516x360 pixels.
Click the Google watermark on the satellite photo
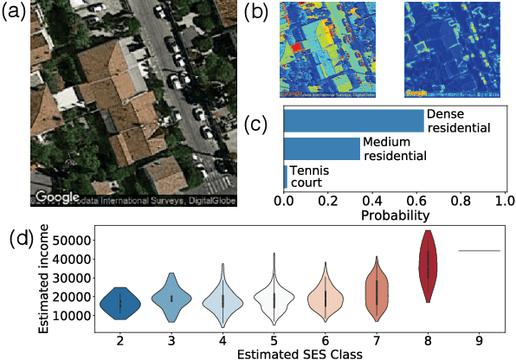tap(57, 196)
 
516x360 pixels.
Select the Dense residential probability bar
tap(353, 120)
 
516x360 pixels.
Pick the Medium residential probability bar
tap(321, 149)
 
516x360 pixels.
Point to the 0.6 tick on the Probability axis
tap(416, 199)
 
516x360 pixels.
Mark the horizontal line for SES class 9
tap(479, 250)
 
